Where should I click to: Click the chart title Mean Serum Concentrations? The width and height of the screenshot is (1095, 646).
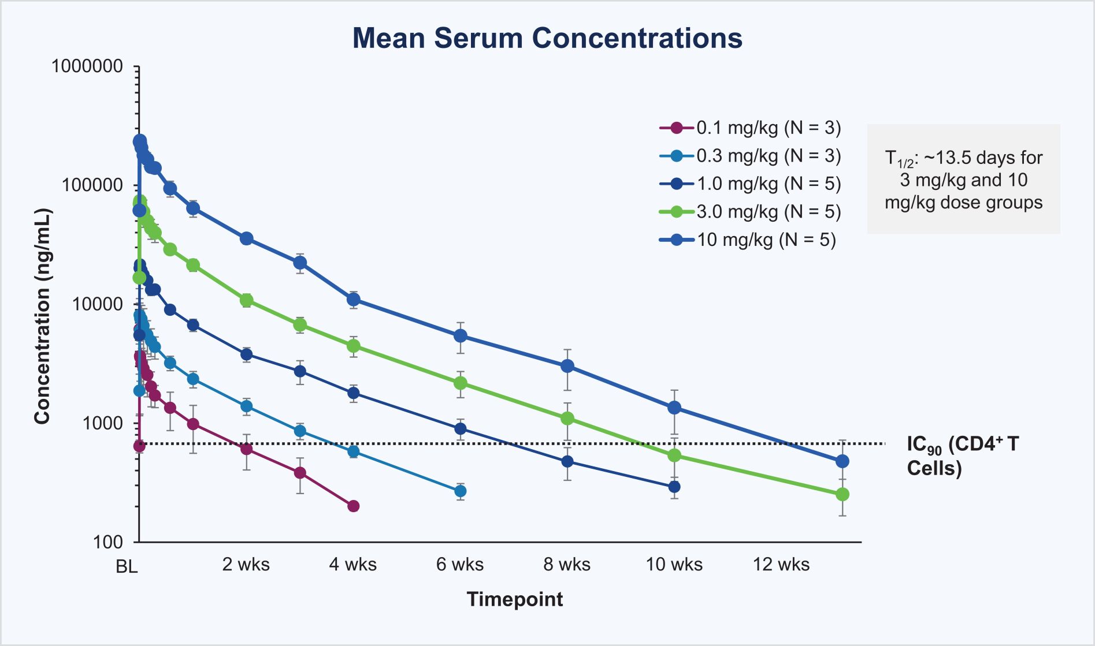tap(547, 38)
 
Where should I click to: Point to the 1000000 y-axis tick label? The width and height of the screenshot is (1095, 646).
tap(87, 66)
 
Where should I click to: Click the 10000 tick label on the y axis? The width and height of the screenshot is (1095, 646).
tap(97, 304)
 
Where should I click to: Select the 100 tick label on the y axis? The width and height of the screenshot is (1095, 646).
tap(108, 542)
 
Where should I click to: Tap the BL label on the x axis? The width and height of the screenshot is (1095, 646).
tap(127, 567)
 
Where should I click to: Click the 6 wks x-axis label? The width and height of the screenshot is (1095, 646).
tap(460, 565)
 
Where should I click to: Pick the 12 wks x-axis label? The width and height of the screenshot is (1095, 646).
tap(781, 565)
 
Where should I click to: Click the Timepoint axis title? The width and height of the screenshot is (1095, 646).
tap(514, 599)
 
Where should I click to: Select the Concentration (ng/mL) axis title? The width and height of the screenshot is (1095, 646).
tap(42, 316)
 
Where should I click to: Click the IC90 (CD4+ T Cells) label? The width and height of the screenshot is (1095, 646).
tap(962, 455)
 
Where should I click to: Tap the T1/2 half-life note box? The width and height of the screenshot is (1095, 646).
tap(963, 180)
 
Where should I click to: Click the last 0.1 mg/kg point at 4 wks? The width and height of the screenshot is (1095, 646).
tap(354, 506)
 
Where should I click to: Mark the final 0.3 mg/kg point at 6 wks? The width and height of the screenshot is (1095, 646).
tap(461, 491)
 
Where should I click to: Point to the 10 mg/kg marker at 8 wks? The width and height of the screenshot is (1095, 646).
tap(567, 366)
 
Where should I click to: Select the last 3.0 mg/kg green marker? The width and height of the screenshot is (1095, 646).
tap(842, 495)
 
